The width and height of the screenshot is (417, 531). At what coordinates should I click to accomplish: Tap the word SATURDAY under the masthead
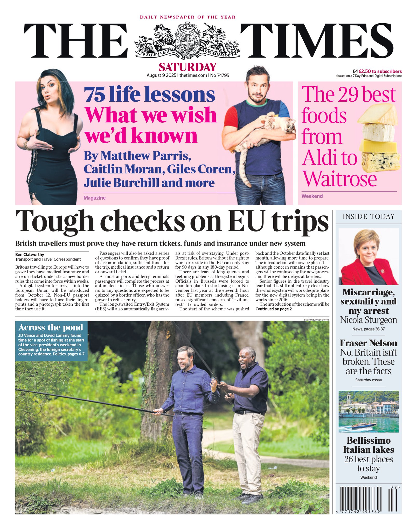click(x=187, y=67)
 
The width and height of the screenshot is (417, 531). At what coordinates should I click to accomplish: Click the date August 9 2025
click(x=161, y=75)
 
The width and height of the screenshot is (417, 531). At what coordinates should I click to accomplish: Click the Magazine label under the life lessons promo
click(x=94, y=198)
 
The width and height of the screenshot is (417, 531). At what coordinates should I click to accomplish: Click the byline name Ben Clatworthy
click(x=30, y=255)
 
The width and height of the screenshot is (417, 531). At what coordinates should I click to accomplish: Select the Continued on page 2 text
click(x=274, y=309)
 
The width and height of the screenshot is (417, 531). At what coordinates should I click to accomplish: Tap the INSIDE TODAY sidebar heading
click(x=368, y=216)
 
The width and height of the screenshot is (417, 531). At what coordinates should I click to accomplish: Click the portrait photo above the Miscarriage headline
click(x=368, y=257)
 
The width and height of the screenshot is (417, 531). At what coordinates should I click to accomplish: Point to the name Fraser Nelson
click(x=368, y=343)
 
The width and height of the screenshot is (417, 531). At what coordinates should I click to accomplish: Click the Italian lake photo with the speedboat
click(x=368, y=411)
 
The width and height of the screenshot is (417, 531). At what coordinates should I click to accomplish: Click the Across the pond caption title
click(x=51, y=327)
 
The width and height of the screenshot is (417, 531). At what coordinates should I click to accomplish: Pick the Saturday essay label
click(x=368, y=380)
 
